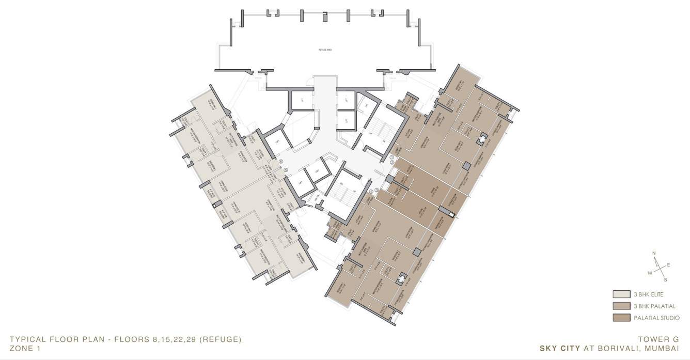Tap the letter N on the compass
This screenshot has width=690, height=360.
[654, 253]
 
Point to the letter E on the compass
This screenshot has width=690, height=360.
[668, 264]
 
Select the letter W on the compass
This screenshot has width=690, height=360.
[650, 272]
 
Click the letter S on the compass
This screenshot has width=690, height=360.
[665, 280]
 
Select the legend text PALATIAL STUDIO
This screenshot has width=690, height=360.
[656, 318]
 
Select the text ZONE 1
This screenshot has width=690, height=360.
[24, 349]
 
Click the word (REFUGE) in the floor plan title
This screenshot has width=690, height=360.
[221, 339]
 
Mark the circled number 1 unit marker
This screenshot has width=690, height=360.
[391, 157]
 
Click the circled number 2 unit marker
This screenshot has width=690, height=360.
[391, 163]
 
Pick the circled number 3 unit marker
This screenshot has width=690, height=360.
[377, 190]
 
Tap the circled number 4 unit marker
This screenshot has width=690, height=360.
[371, 193]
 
